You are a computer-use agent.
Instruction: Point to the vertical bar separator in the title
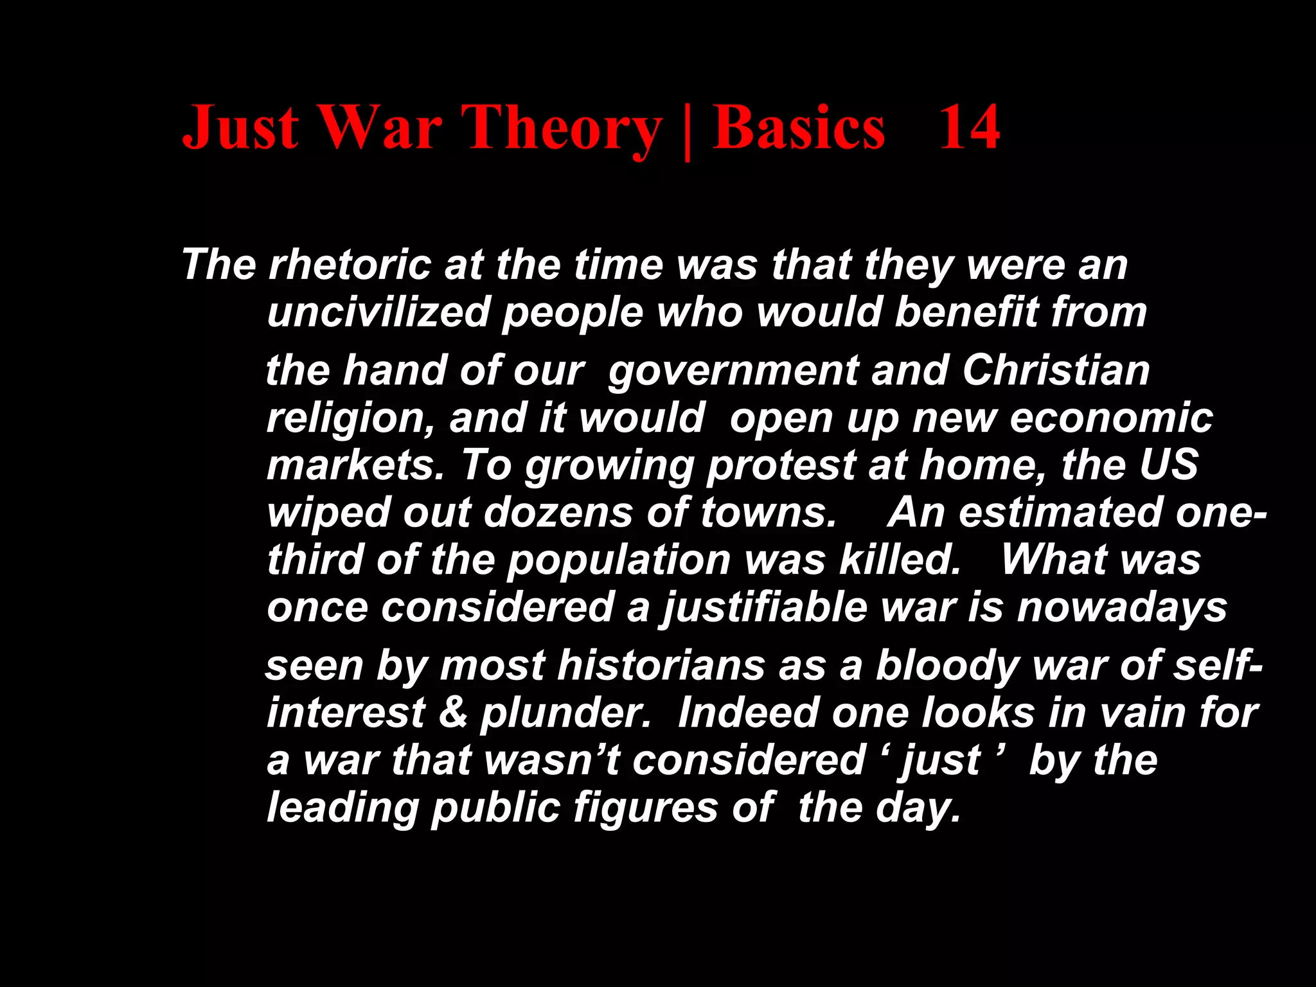coord(688,132)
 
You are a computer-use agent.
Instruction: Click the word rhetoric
coord(350,265)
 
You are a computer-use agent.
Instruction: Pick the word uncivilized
coord(378,312)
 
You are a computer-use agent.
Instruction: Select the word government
coord(733,371)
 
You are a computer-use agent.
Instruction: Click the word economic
coord(1111,418)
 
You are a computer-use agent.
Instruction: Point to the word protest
coord(781,466)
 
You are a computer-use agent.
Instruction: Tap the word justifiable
coord(765,608)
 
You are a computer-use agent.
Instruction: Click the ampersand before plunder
coord(453,713)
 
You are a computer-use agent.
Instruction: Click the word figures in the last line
coord(645,808)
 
